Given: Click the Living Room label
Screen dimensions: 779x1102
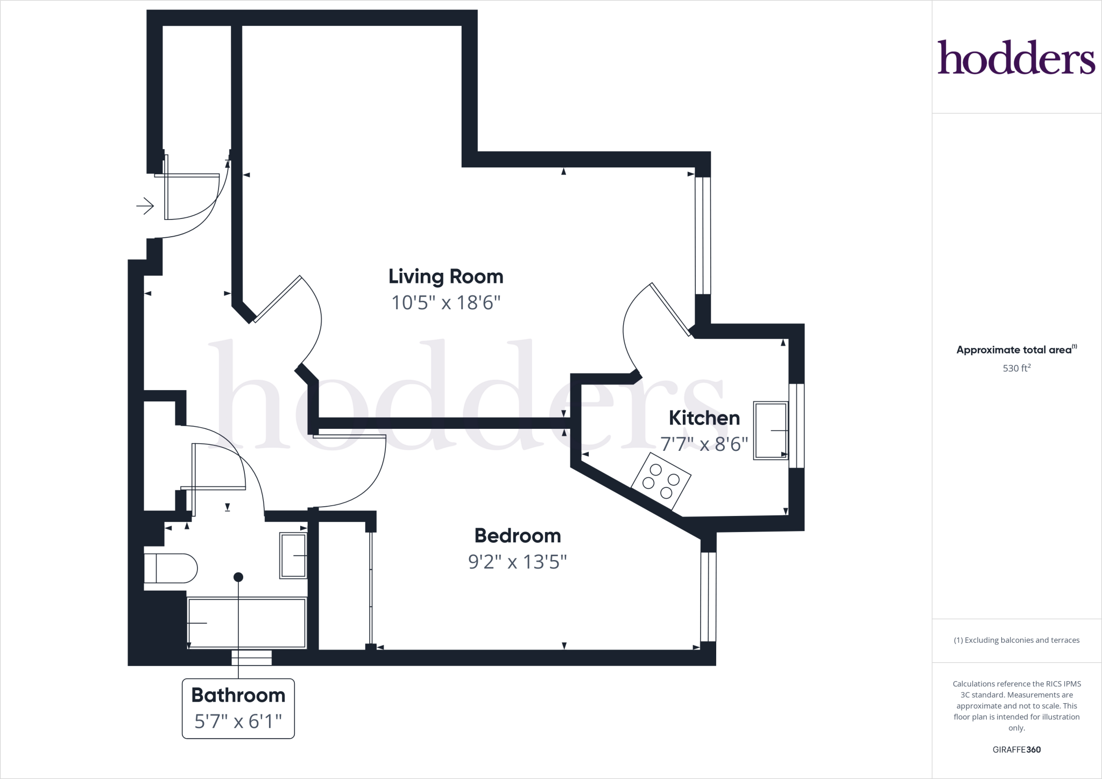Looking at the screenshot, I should pyautogui.click(x=446, y=277).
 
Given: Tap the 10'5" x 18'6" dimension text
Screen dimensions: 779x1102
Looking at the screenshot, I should pyautogui.click(x=446, y=303).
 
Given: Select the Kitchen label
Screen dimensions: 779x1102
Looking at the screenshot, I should pyautogui.click(x=704, y=418).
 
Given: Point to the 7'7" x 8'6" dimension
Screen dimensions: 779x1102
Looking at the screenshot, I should pyautogui.click(x=704, y=444).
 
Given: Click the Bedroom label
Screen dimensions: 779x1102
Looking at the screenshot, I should pyautogui.click(x=517, y=536).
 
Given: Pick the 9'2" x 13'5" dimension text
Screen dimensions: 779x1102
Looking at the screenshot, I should pyautogui.click(x=517, y=562).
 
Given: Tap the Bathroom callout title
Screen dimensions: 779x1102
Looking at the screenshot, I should pyautogui.click(x=238, y=695).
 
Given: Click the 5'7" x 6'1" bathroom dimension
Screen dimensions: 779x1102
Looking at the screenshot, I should pyautogui.click(x=238, y=721).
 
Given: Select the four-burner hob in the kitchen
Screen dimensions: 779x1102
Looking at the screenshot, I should pyautogui.click(x=661, y=480).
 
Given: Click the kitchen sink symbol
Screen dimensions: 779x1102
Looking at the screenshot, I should pyautogui.click(x=770, y=430).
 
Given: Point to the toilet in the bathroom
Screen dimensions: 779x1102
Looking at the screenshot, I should pyautogui.click(x=171, y=568).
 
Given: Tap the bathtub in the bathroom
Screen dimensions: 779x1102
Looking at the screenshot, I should pyautogui.click(x=246, y=622).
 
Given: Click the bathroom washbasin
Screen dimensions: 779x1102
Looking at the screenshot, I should pyautogui.click(x=293, y=555).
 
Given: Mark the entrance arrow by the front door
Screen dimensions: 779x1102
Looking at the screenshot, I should pyautogui.click(x=145, y=206).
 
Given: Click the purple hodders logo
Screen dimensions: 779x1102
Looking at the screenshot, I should pyautogui.click(x=1016, y=57).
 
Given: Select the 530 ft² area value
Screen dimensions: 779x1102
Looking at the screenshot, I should pyautogui.click(x=1016, y=369).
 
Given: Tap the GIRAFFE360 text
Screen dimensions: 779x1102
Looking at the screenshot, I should pyautogui.click(x=1016, y=749).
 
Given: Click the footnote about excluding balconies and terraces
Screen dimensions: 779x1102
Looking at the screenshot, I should pyautogui.click(x=1016, y=640).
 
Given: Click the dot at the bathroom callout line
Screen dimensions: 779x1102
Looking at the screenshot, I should pyautogui.click(x=238, y=577).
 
